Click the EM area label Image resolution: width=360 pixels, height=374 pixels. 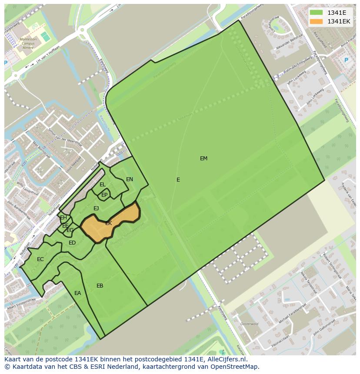coord(203,159)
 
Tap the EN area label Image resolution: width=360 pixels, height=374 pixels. coord(130,179)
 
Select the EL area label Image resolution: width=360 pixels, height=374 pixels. coord(103,185)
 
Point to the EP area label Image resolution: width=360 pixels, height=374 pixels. coord(104,195)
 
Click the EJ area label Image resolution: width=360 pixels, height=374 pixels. coord(96,209)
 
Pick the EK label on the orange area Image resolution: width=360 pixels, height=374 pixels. coord(109,223)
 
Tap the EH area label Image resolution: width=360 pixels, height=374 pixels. coord(63,218)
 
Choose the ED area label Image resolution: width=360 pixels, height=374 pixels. coord(72,243)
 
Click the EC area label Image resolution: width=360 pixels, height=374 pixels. coord(40,259)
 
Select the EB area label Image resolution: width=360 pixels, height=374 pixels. coord(100,286)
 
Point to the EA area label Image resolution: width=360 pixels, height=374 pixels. coord(77,293)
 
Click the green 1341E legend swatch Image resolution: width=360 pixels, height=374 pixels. coord(316,13)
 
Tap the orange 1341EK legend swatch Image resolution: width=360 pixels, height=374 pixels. coord(316,21)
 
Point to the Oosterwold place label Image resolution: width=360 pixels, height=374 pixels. coord(249,324)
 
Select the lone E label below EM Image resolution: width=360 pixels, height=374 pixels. coord(178,180)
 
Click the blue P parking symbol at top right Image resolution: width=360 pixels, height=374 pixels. coord(346,60)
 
